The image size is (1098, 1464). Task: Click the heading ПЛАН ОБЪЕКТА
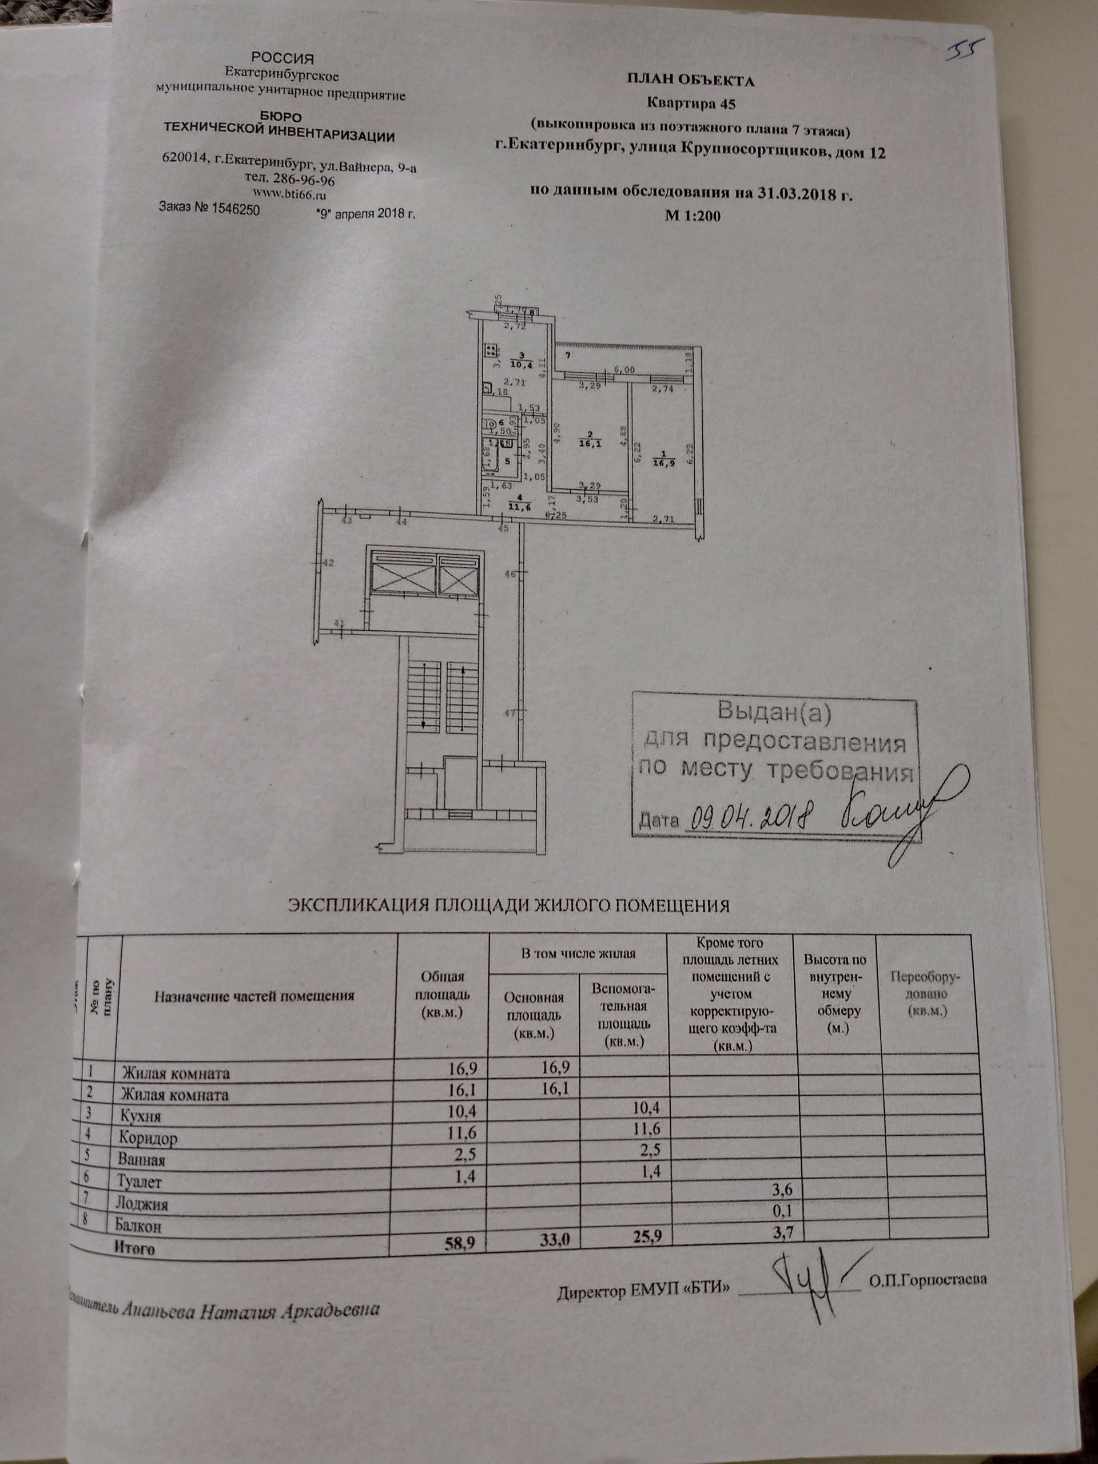[691, 81]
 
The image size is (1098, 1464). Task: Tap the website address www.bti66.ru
[291, 194]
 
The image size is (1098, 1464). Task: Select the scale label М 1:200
[691, 215]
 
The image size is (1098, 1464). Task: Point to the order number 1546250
[234, 209]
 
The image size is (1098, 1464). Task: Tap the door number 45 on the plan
[503, 528]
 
